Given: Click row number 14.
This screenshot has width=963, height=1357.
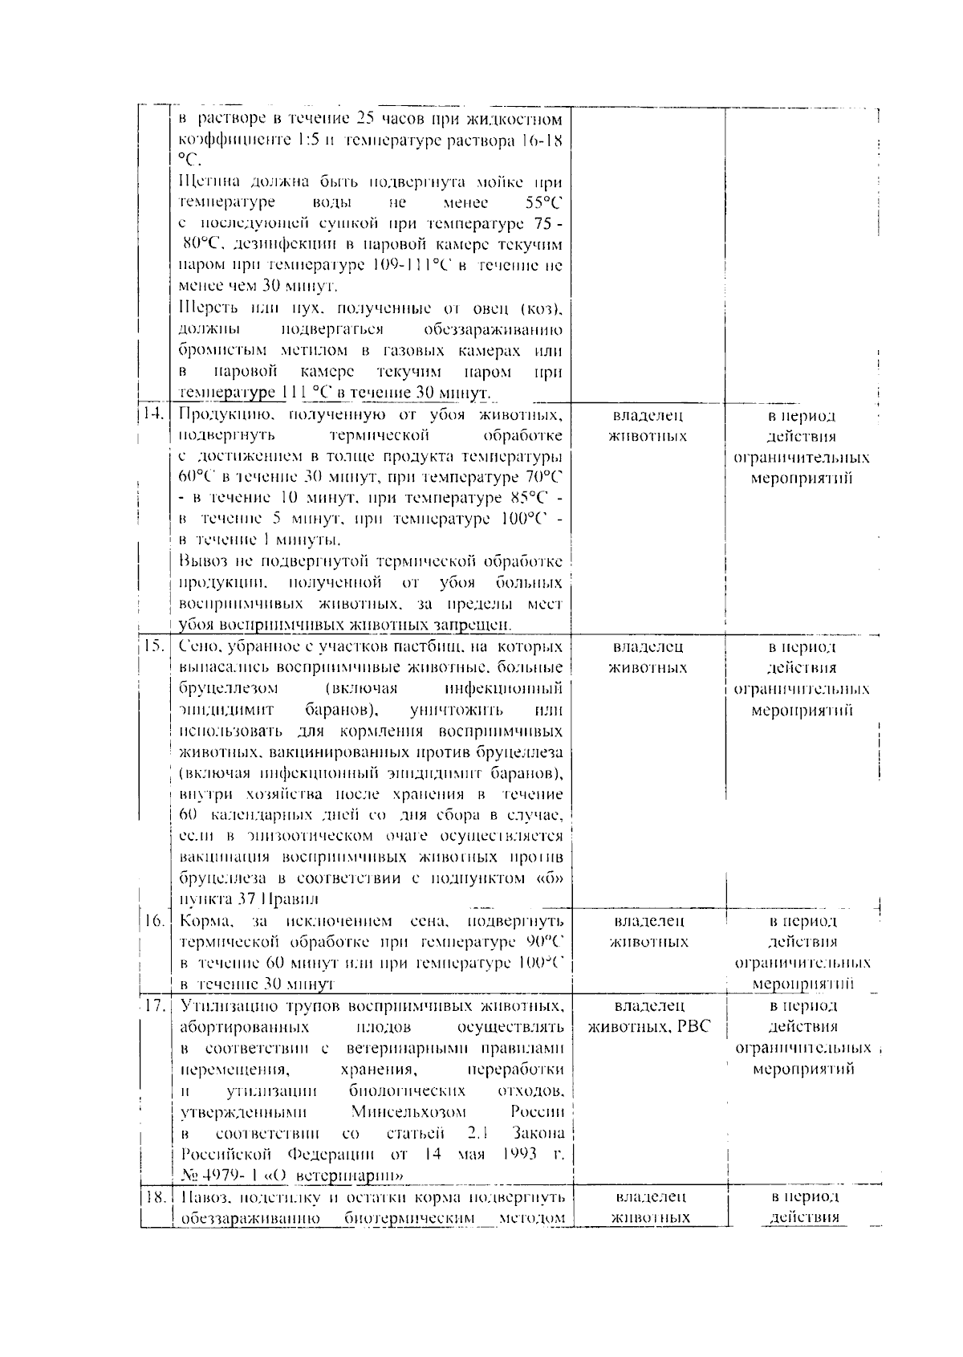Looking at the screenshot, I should click(x=153, y=415).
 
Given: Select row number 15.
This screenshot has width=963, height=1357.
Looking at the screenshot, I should click(x=153, y=646).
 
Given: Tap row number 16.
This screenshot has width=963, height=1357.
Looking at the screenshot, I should click(x=153, y=921).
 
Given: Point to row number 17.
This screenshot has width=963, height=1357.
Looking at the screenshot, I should click(x=153, y=1005).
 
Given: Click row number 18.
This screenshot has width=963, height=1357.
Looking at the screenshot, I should click(x=153, y=1196).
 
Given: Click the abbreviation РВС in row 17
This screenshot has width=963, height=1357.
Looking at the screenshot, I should click(x=692, y=1027).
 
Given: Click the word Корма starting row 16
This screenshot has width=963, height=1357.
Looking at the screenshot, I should click(x=205, y=921).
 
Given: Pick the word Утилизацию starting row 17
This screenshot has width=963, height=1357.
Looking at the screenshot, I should click(x=224, y=1005).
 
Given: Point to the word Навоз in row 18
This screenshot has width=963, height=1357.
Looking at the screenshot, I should click(x=201, y=1196).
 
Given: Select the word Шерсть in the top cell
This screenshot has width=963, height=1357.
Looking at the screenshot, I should click(x=206, y=308).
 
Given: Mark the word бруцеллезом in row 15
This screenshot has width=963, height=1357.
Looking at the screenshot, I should click(x=229, y=689).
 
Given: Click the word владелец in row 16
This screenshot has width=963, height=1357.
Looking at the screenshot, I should click(x=648, y=921).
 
